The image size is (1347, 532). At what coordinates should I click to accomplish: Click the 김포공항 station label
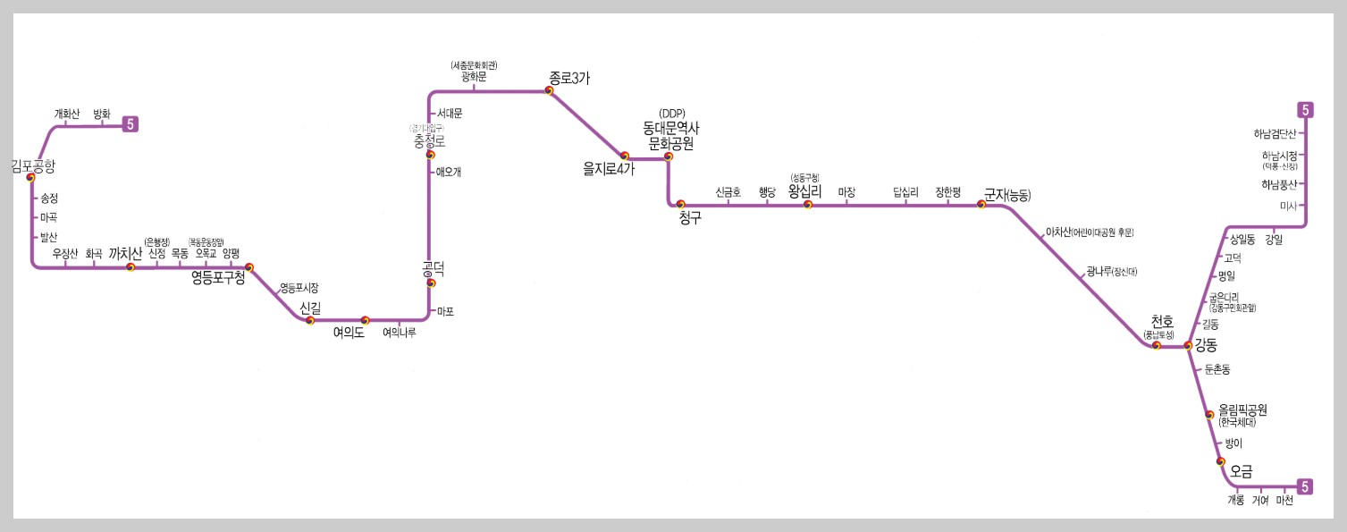33,165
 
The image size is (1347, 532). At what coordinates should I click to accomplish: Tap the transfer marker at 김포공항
30,177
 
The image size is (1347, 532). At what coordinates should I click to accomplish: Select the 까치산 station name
125,254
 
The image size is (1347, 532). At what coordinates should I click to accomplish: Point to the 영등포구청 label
218,278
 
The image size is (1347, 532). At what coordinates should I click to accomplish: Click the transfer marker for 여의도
365,320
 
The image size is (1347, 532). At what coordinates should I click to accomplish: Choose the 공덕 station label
433,267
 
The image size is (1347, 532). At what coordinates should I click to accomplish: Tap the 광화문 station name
474,77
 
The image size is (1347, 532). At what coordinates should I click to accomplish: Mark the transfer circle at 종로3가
550,90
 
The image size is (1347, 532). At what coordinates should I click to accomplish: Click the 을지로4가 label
608,169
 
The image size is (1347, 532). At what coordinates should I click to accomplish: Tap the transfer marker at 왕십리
807,205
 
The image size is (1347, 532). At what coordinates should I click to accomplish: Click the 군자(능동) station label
1006,194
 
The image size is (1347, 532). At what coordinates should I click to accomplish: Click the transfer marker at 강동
1188,345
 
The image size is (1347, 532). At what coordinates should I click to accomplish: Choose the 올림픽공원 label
1242,410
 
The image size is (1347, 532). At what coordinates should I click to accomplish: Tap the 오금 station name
1242,470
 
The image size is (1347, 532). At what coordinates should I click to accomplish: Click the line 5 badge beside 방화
130,125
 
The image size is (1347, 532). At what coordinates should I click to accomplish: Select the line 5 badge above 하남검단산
1306,111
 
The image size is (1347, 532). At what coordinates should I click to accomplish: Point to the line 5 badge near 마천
1306,487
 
